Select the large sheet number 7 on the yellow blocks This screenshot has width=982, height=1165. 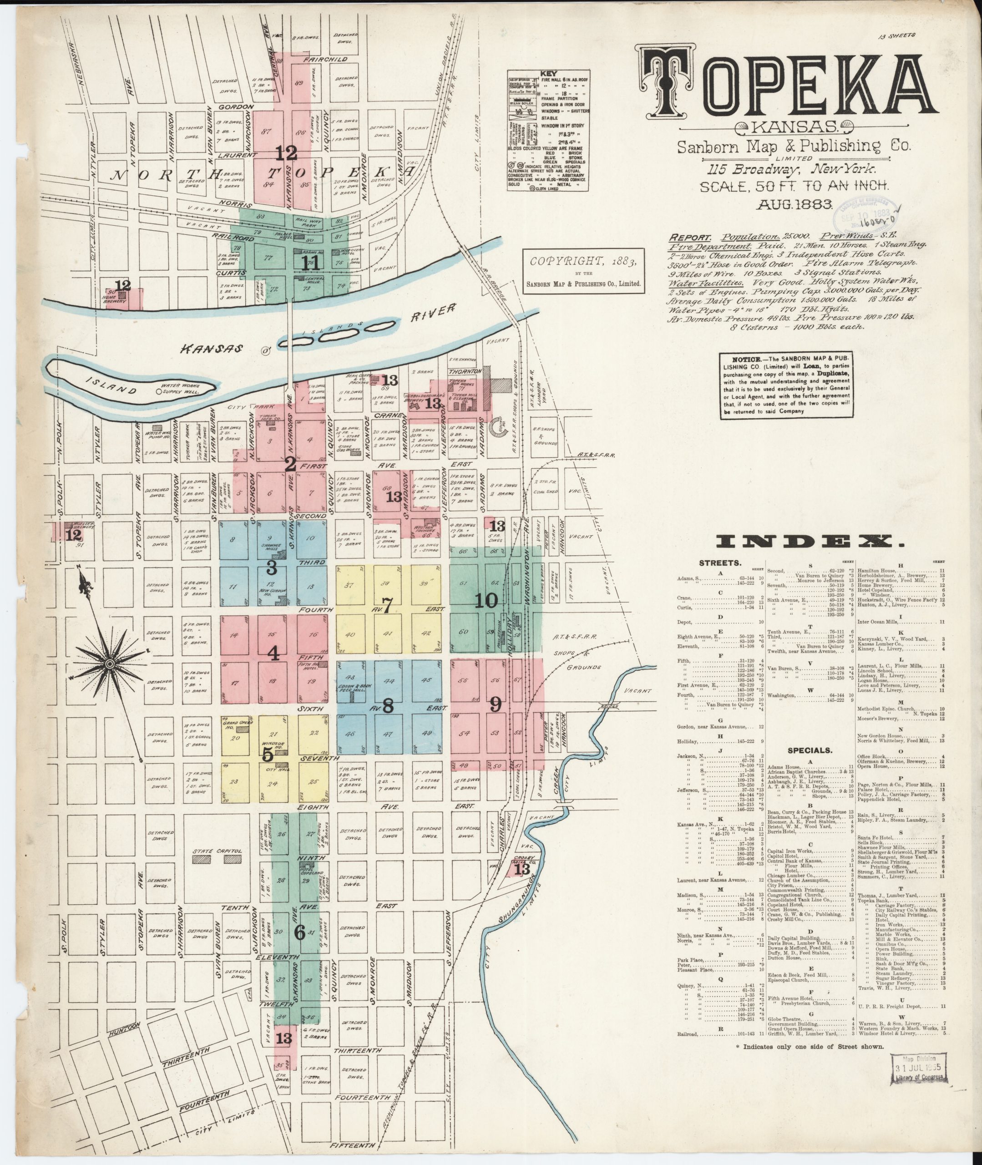pyautogui.click(x=388, y=604)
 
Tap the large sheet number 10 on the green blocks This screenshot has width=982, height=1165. pyautogui.click(x=486, y=600)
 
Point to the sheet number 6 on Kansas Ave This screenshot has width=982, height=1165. pyautogui.click(x=299, y=933)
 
